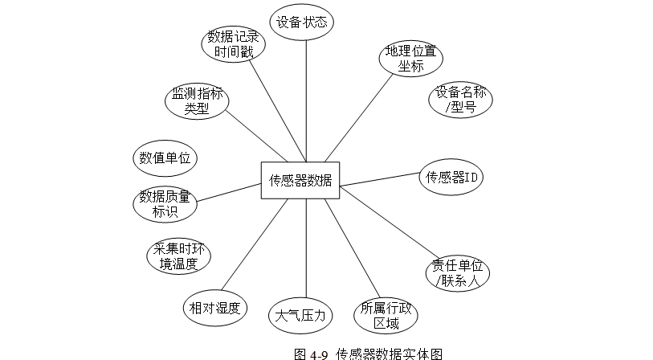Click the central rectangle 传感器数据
coord(300,181)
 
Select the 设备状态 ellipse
coord(302,22)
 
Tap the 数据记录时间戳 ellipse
coord(233,44)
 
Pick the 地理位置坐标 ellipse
coord(411,59)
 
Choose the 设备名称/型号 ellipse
coord(460,100)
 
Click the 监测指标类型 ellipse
coord(197,101)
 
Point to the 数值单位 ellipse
coord(165,158)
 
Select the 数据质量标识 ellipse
coord(165,204)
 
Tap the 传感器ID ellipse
coord(451,177)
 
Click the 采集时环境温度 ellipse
coord(178,256)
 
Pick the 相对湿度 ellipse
coord(215,308)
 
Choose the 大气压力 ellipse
coord(300,316)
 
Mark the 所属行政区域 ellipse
coord(386,316)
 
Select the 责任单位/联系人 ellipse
coord(458,273)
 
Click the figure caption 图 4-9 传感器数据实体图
coord(368,354)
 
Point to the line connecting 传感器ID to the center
coord(380,179)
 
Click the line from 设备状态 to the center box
coord(306,100)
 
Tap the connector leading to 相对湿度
coord(255,244)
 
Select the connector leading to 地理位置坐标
coord(359,118)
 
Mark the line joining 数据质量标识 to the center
coord(229,193)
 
